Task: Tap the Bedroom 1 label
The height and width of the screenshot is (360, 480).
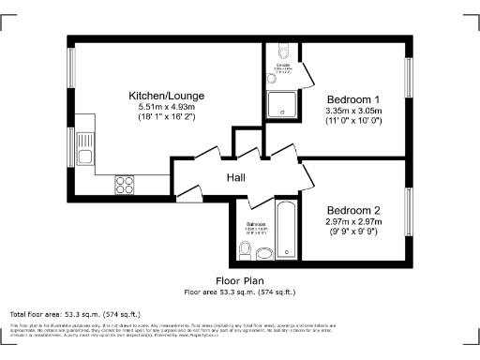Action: (x=352, y=99)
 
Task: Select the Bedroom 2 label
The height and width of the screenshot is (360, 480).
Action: (x=352, y=210)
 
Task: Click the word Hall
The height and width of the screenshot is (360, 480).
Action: (x=235, y=178)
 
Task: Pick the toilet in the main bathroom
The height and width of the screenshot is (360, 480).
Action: (x=245, y=249)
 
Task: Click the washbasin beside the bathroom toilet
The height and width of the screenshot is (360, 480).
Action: (x=264, y=251)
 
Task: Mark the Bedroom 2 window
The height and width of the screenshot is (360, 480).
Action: (x=408, y=214)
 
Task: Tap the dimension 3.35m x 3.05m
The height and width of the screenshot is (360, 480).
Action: (x=352, y=111)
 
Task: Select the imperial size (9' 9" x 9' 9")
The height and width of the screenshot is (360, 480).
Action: (x=352, y=232)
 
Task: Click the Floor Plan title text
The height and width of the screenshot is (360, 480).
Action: (x=240, y=280)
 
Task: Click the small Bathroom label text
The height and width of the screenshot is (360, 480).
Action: (x=256, y=224)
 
